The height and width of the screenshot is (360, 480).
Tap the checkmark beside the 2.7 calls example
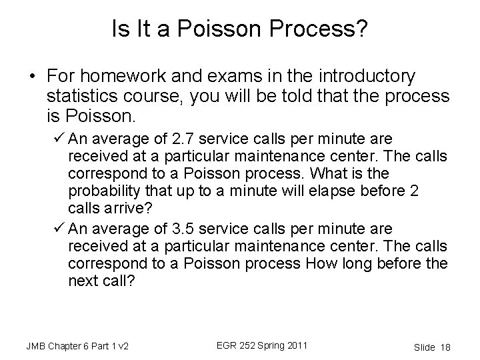[58, 139]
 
